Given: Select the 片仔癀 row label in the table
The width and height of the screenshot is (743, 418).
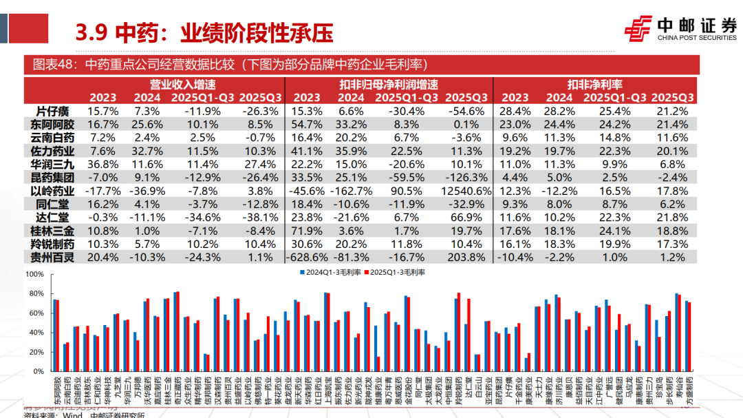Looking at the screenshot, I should point(53,111).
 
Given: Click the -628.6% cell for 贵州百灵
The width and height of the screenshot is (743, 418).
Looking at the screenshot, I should point(308,257).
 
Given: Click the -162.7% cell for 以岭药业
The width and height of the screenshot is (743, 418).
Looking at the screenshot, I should point(354,191).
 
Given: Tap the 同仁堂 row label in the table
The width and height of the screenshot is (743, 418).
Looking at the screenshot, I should point(53,205).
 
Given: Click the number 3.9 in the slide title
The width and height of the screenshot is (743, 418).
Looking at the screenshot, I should point(89,32).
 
